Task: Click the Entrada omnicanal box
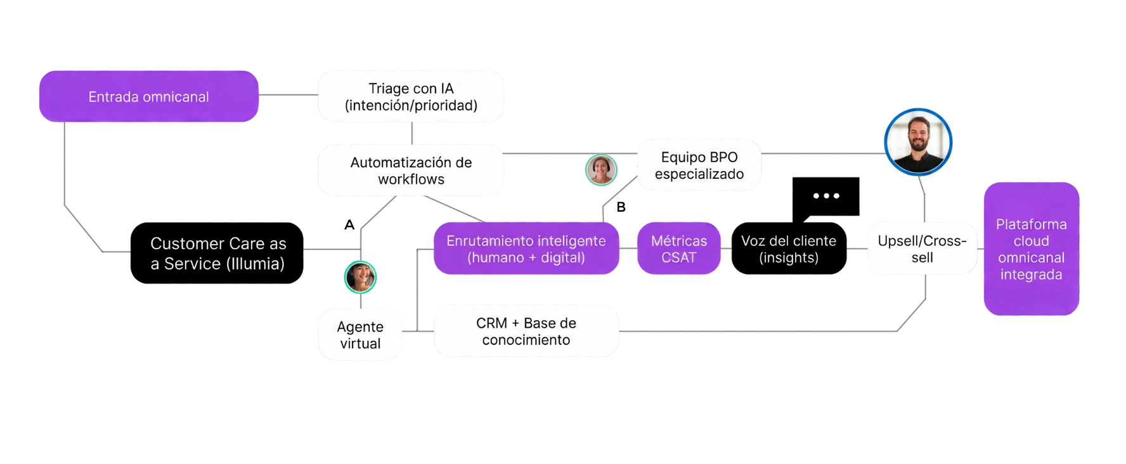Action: coord(148,96)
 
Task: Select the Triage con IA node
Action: coord(411,96)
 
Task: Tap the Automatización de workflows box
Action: coord(411,170)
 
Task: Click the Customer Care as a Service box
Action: coord(217,253)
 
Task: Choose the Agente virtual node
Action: coord(360,335)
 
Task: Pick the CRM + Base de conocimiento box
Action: coord(526,331)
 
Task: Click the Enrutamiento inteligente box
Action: coord(526,248)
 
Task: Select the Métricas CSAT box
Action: coord(678,248)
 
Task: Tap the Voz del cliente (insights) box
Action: coord(788,248)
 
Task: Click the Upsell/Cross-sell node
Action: coord(922,248)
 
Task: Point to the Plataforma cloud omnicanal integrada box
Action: coord(1031,248)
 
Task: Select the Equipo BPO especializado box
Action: coord(699,165)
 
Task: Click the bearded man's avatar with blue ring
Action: coord(917,141)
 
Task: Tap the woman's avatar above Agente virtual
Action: coord(361,277)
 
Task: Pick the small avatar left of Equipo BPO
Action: coord(600,169)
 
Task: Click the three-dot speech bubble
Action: coord(826,196)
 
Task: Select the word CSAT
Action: coord(678,257)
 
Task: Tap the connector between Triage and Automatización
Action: coord(413,132)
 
